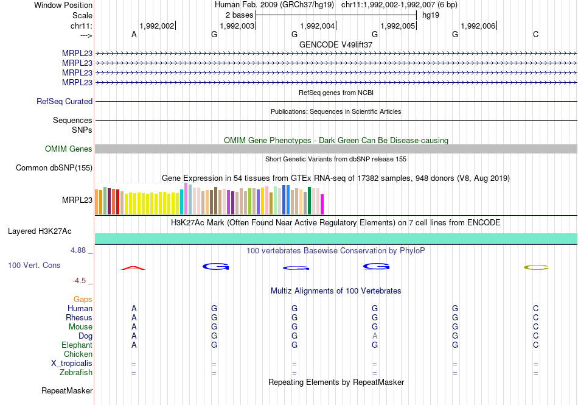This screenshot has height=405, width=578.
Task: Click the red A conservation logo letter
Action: click(134, 268)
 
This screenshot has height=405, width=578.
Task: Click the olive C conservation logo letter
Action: click(536, 267)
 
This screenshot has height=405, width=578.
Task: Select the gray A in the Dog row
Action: click(375, 336)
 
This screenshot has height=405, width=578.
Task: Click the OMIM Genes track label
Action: click(69, 149)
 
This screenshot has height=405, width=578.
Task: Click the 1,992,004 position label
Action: click(318, 26)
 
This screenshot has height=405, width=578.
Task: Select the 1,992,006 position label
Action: click(478, 26)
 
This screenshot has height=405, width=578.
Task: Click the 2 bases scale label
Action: click(239, 15)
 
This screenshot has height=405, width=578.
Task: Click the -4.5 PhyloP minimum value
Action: click(80, 281)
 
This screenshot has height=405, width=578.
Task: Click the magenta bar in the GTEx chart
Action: click(322, 204)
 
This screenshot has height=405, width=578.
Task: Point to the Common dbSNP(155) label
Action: click(54, 168)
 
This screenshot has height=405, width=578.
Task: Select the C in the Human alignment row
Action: click(536, 309)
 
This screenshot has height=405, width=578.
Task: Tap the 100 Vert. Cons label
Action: click(34, 266)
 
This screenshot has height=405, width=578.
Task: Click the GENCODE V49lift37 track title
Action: click(336, 44)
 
